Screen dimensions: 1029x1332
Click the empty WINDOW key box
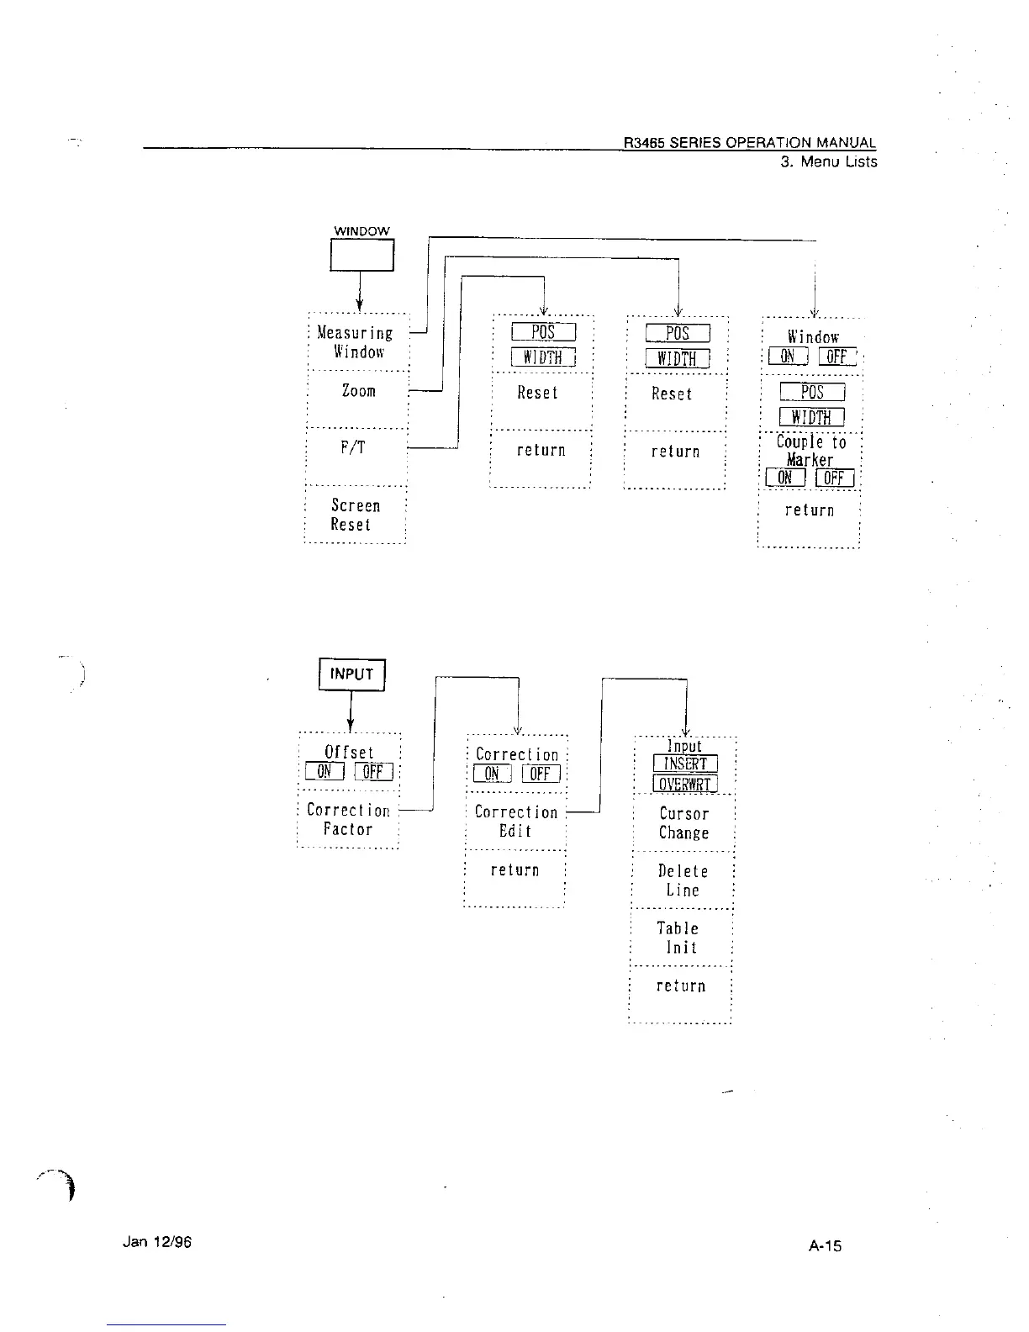click(361, 256)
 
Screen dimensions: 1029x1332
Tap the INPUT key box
click(351, 674)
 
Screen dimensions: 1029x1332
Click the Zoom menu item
click(358, 391)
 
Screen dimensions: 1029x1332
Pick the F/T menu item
click(353, 448)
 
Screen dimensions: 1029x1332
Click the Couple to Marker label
click(810, 451)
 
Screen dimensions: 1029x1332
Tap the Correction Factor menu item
click(348, 820)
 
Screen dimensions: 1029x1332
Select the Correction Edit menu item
click(515, 822)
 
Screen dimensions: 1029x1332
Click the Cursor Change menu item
click(683, 823)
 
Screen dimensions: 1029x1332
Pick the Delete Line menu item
click(683, 880)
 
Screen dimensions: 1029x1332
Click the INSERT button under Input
click(685, 764)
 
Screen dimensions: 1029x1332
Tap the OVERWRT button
click(685, 784)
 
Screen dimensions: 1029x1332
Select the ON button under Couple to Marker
click(785, 478)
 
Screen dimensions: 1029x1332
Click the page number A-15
click(825, 1245)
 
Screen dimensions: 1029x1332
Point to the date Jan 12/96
click(157, 1241)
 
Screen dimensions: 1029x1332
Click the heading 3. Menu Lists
click(828, 161)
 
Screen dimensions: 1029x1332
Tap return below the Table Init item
click(681, 986)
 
